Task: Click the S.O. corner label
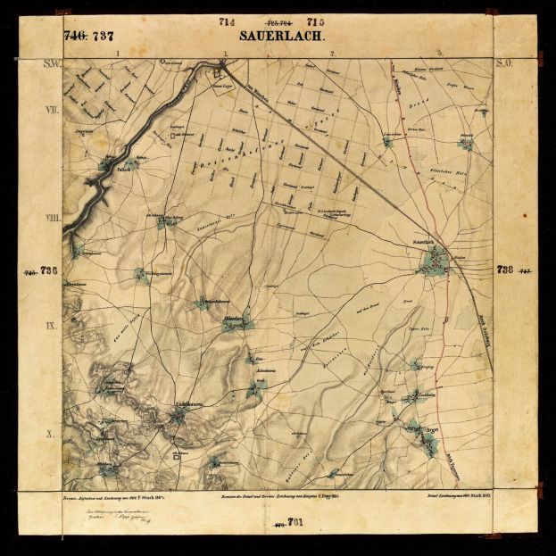click(503, 64)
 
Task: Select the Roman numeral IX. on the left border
click(52, 326)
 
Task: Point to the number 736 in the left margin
click(48, 270)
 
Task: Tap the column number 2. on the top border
click(332, 54)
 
